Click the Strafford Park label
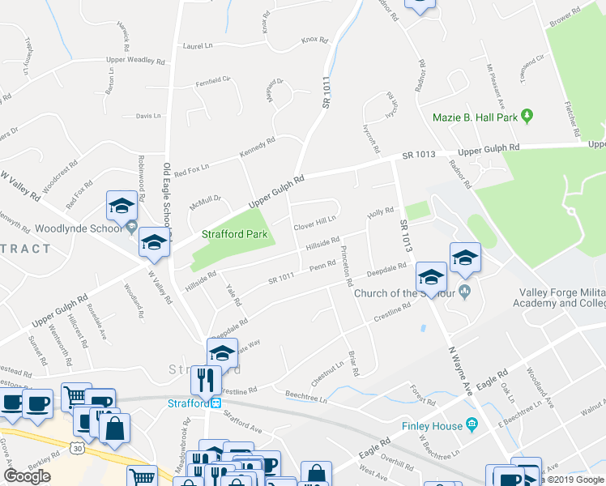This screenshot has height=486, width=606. pos(235,237)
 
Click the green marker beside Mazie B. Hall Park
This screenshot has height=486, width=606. pos(528,117)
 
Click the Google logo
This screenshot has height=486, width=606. pos(28,476)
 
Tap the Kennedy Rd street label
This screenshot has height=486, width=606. pos(258,147)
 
